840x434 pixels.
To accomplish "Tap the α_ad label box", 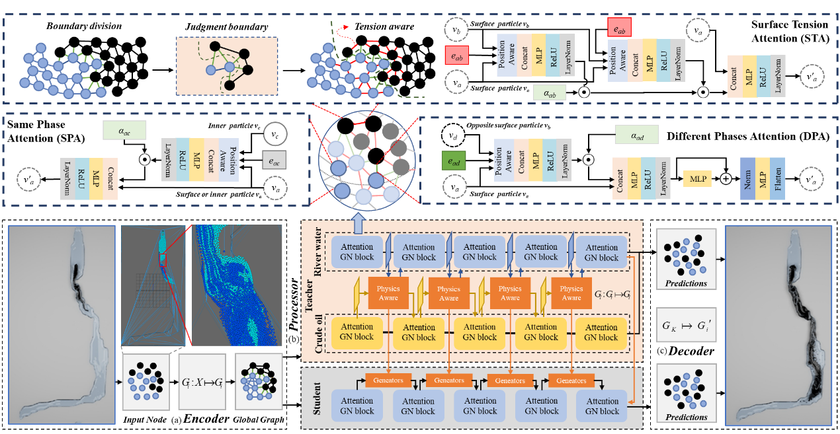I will [x=636, y=135].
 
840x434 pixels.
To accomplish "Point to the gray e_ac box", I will [x=274, y=161].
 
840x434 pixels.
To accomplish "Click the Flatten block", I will [x=777, y=178].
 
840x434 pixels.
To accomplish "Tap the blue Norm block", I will [x=747, y=178].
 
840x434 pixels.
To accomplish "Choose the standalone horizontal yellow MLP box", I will [x=697, y=178].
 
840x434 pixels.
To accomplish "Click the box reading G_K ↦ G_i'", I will [x=686, y=324].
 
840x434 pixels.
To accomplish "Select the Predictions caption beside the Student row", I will [x=686, y=417].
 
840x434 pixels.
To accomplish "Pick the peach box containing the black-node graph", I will [x=227, y=64].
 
